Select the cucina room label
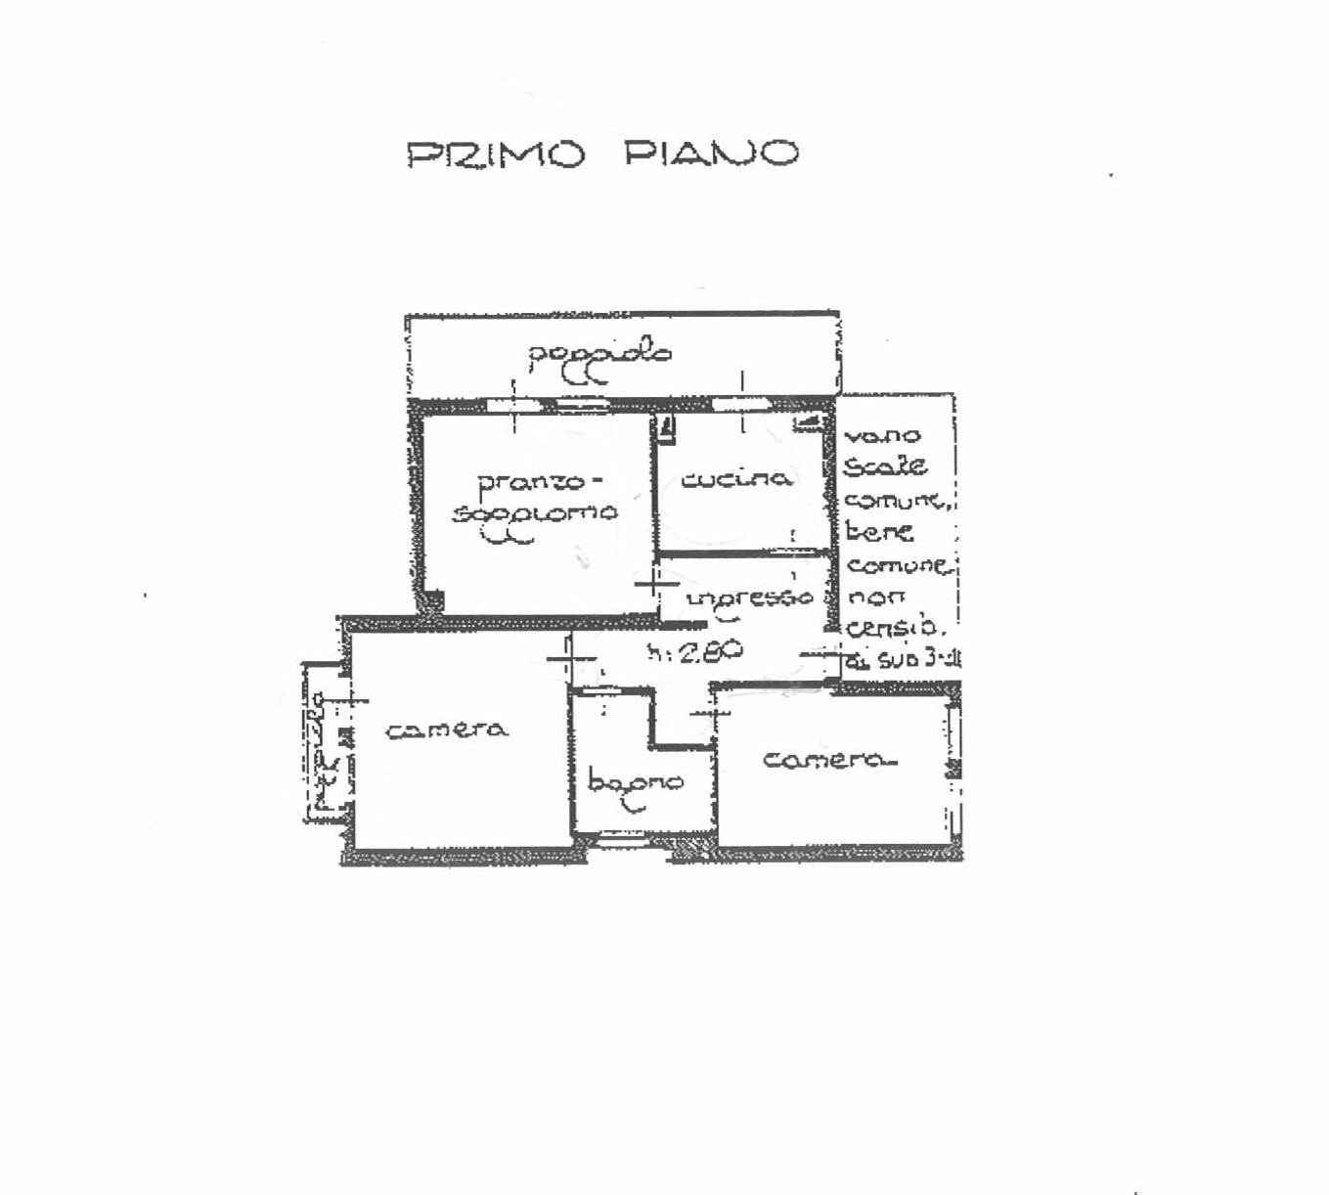tap(736, 479)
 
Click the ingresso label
tap(750, 597)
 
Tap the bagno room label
tap(636, 782)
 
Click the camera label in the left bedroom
tap(447, 730)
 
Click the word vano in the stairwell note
tap(881, 436)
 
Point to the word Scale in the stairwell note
tap(885, 466)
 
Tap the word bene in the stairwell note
tap(879, 533)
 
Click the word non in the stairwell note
tap(875, 597)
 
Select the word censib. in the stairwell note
tap(892, 628)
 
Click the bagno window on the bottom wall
tap(622, 837)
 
